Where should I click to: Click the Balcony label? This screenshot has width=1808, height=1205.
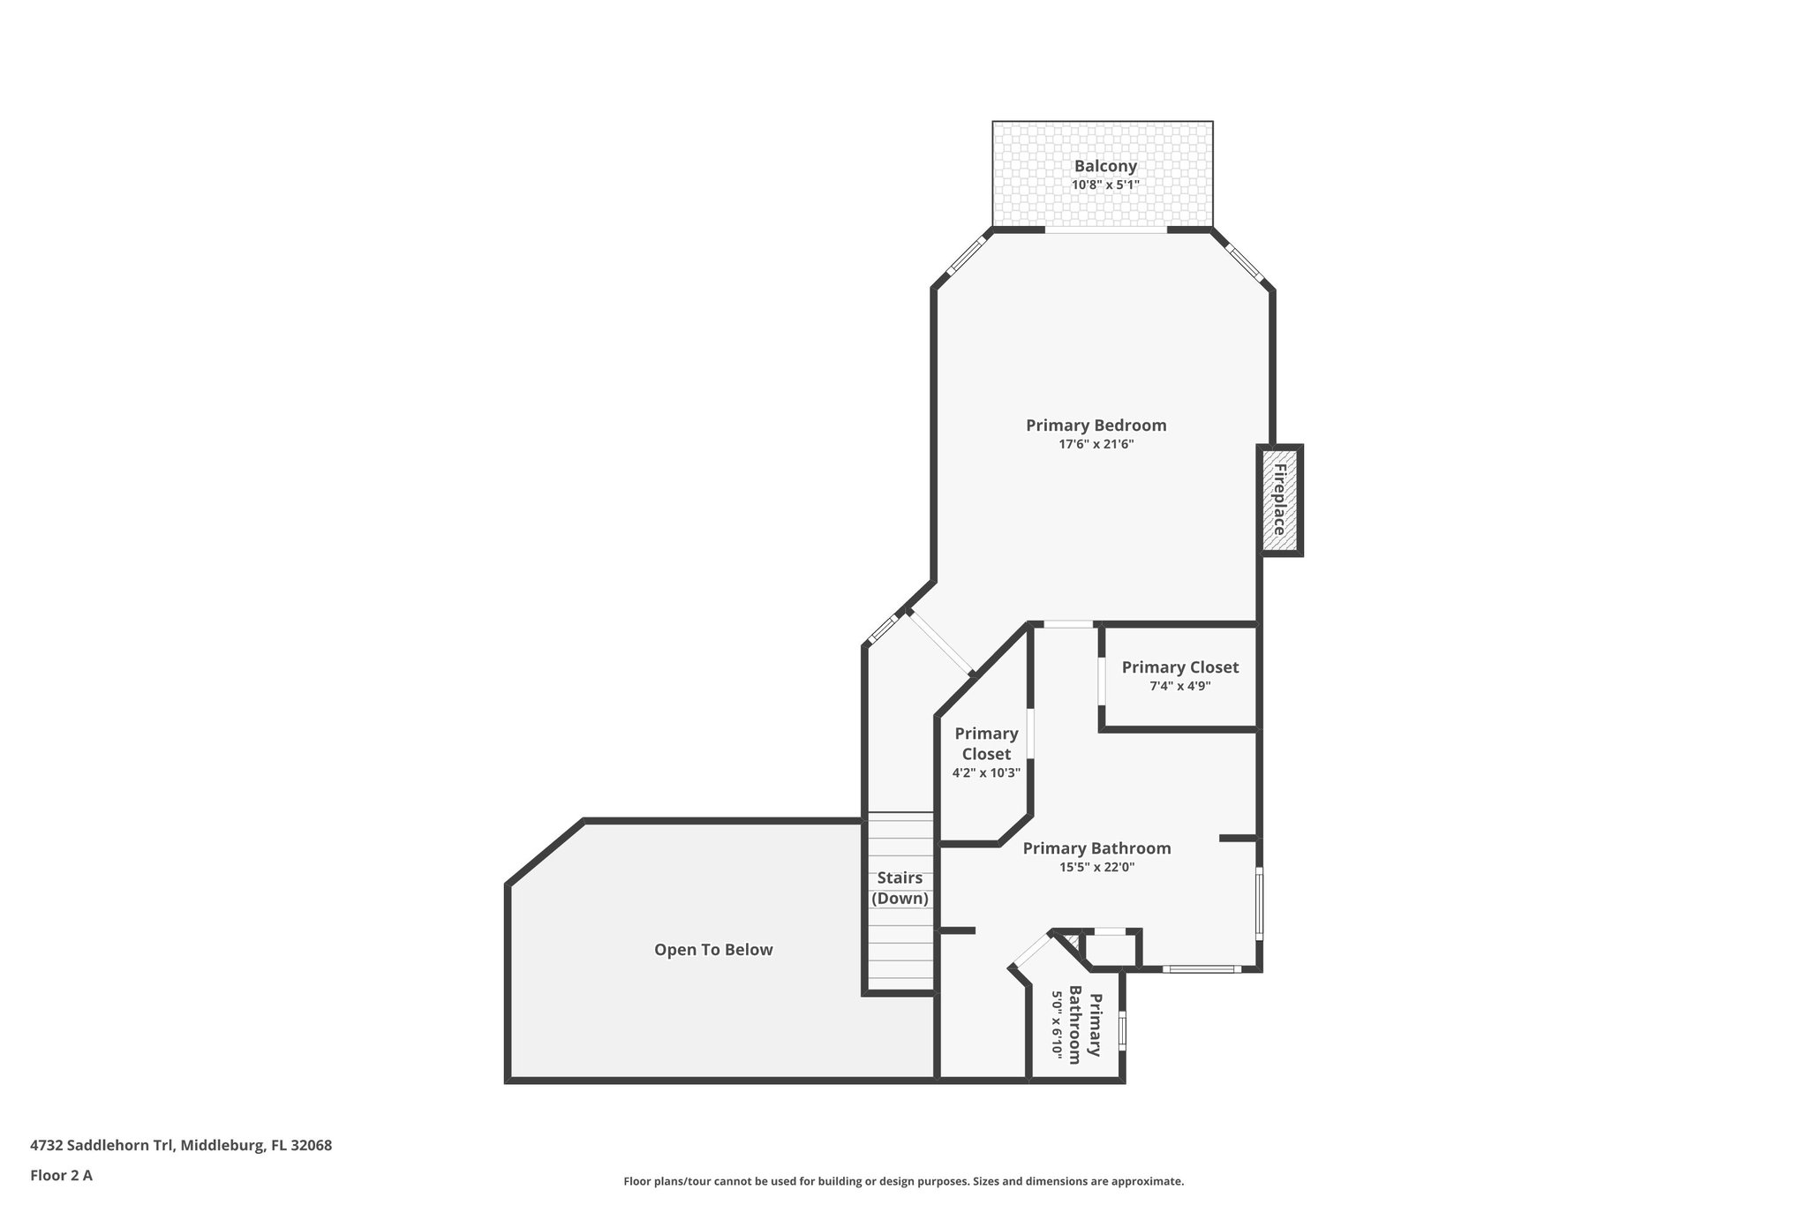coord(1104,166)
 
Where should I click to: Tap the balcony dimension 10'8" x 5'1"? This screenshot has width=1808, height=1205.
coord(1104,185)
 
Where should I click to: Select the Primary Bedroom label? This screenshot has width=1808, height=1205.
coord(1096,426)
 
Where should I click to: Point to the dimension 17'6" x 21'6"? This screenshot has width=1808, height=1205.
coord(1096,445)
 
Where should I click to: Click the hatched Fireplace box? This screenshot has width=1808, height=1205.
coord(1279,500)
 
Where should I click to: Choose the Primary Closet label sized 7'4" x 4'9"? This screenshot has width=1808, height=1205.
coord(1179,667)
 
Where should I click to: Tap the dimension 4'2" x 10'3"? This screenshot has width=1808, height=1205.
coord(985,773)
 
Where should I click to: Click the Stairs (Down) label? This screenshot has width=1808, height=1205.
coord(900,888)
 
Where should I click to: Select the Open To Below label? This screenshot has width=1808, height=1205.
coord(713,950)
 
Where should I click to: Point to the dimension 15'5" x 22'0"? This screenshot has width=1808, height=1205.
coord(1096,868)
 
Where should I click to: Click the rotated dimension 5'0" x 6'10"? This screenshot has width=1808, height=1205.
coord(1056,1025)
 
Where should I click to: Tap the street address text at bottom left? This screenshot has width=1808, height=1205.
coord(181,1145)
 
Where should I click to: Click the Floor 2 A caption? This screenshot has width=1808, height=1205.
coord(61,1175)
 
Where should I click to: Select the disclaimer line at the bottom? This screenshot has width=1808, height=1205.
coord(903,1181)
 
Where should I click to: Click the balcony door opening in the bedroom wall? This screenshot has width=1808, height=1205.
coord(1106,230)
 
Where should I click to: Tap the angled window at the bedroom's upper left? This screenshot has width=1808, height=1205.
coord(965,257)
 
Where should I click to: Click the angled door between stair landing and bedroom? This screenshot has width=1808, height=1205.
coord(941,643)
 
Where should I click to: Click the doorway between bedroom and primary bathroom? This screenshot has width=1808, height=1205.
coord(1068,624)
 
